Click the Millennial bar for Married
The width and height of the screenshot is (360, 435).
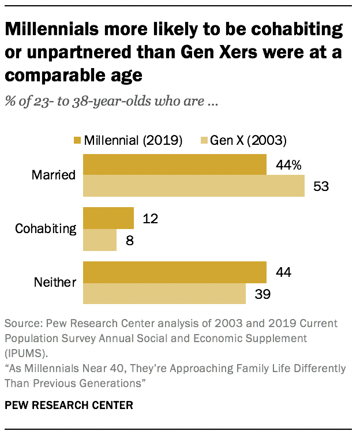175,164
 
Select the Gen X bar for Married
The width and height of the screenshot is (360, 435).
194,186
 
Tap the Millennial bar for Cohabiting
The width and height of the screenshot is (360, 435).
108,218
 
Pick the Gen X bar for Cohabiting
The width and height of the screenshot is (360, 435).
100,240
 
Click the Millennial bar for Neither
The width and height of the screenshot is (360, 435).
175,272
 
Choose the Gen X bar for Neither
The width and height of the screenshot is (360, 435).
165,294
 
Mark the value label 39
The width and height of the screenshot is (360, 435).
262,294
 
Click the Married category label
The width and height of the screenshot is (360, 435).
55,175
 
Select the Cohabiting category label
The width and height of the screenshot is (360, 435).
46,228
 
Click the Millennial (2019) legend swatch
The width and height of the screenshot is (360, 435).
77,141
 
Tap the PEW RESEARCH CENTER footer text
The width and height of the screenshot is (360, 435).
69,406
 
